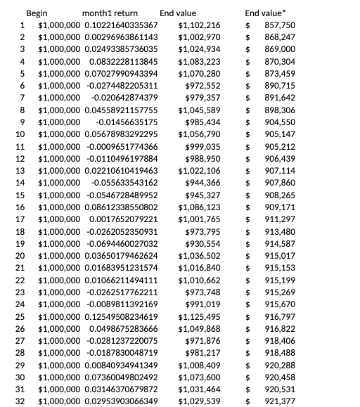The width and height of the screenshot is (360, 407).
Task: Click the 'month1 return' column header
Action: [110, 13]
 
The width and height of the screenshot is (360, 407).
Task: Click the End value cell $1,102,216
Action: [200, 25]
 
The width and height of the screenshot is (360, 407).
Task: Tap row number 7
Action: [22, 98]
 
